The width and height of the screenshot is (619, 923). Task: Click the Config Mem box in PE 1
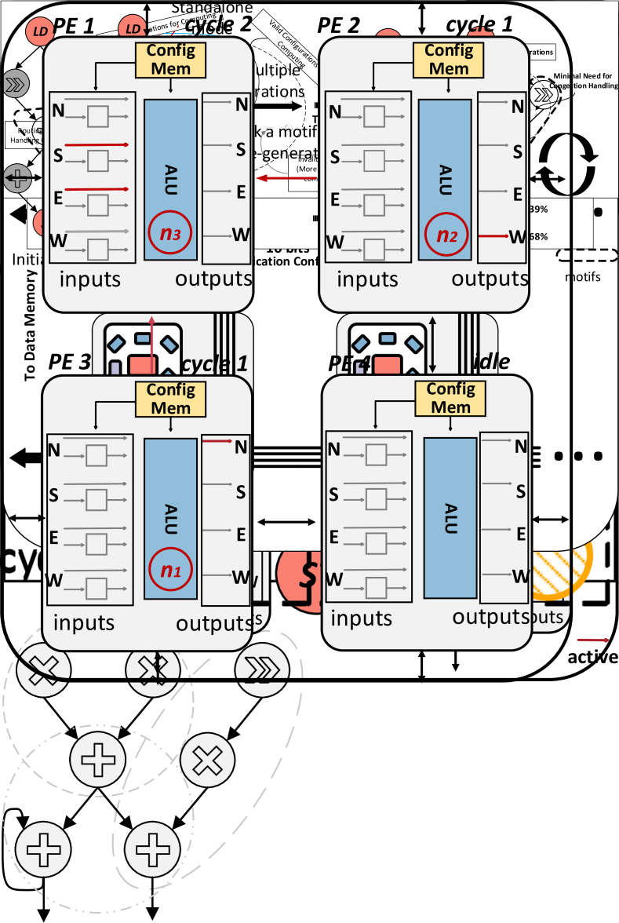point(170,60)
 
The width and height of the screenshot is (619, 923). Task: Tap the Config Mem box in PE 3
point(170,399)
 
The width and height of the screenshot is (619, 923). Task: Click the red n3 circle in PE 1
point(170,233)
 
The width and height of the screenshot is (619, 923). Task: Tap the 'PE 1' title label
point(72,25)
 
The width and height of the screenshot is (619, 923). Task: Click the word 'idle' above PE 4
point(493,362)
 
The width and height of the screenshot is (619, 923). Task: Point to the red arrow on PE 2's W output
point(493,235)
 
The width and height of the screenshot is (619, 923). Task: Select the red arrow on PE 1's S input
point(96,145)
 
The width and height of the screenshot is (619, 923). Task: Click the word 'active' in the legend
point(592,657)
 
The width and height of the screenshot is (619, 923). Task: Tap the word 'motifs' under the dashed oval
point(581,276)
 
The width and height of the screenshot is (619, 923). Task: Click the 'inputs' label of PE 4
point(360,617)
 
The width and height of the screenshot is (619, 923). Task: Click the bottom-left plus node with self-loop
point(43,848)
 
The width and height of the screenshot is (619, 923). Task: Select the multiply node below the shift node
point(208,759)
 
